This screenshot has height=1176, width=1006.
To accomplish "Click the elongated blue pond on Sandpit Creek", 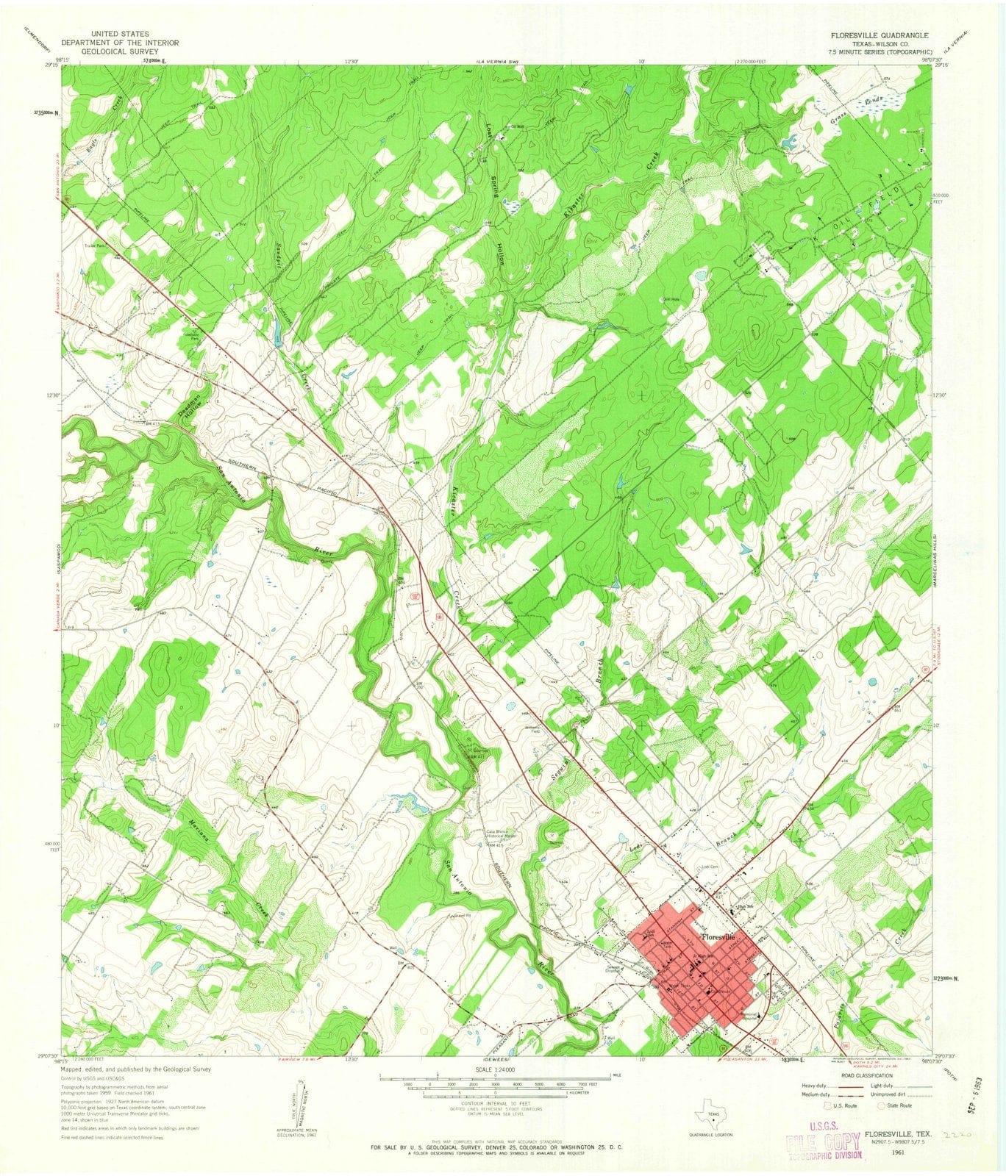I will pos(277,337).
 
